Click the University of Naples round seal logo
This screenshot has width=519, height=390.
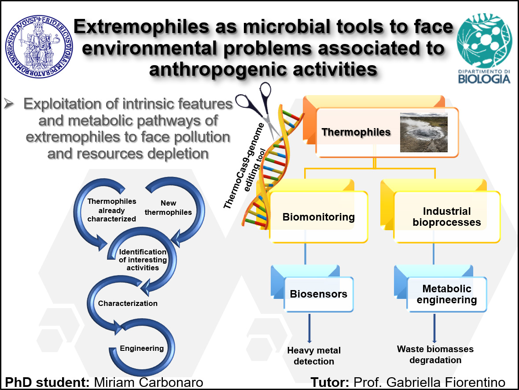tap(39, 46)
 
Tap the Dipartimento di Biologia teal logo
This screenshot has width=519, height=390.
tap(484, 48)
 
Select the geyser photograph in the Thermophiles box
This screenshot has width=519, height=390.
tap(423, 132)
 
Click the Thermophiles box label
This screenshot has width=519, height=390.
tap(356, 132)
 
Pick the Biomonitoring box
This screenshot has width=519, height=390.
tap(318, 217)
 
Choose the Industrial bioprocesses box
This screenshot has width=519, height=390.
tap(446, 217)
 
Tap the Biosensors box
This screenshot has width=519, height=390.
tap(318, 294)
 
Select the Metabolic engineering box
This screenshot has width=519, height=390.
tap(446, 294)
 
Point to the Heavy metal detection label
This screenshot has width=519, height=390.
tap(314, 356)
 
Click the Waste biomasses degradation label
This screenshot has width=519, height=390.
tap(435, 355)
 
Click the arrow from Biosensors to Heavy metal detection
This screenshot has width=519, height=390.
tap(309, 328)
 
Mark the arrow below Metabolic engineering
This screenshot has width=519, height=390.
tap(434, 328)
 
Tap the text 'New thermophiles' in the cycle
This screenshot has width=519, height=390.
tap(168, 208)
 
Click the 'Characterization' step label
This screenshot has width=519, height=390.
tap(128, 303)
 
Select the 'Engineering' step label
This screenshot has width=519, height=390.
tap(142, 348)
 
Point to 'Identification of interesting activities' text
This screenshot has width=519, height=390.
tap(143, 260)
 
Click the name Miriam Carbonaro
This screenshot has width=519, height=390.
tap(149, 383)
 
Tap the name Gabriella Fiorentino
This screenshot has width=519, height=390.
tap(445, 383)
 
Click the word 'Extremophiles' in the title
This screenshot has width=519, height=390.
tap(141, 26)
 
